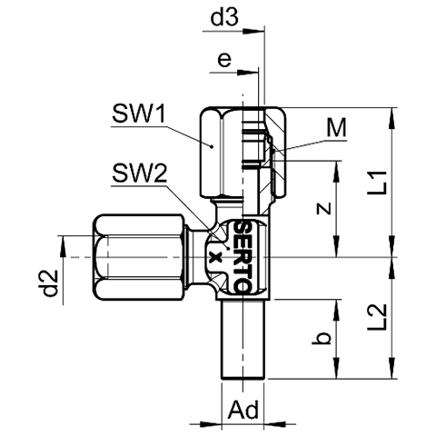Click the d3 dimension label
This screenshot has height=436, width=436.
point(224,18)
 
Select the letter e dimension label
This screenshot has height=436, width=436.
point(224,60)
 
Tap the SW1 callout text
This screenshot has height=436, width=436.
point(139,114)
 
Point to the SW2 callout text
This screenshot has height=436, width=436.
point(139,173)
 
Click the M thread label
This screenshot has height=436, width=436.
point(336,128)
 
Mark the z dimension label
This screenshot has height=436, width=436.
point(323,209)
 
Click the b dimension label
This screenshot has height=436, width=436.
point(322,338)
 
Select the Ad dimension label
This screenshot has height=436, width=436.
point(243,410)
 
